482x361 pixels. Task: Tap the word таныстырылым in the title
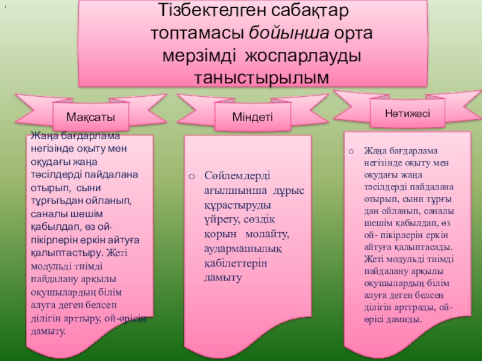[262, 77]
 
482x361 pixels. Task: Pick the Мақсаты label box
[90, 115]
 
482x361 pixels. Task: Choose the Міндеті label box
[252, 115]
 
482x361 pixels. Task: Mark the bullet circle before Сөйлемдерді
[191, 176]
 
